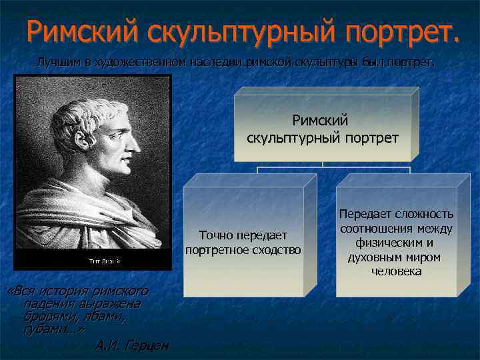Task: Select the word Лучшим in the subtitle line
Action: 55,63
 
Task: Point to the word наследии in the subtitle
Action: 213,63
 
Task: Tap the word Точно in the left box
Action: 215,235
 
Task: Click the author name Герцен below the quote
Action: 147,345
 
